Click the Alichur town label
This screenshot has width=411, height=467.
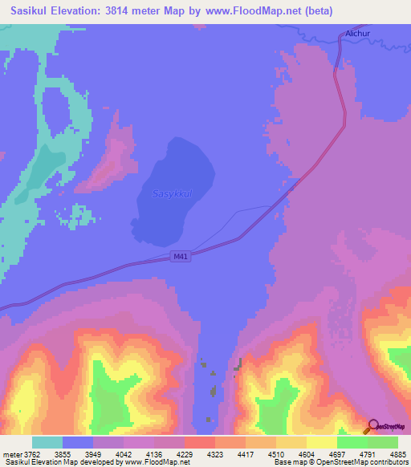click(x=356, y=34)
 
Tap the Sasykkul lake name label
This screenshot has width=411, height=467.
click(x=172, y=193)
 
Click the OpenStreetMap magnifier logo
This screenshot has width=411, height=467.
click(x=373, y=427)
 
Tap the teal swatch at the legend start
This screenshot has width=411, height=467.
click(x=47, y=441)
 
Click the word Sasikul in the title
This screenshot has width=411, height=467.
click(x=26, y=11)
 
